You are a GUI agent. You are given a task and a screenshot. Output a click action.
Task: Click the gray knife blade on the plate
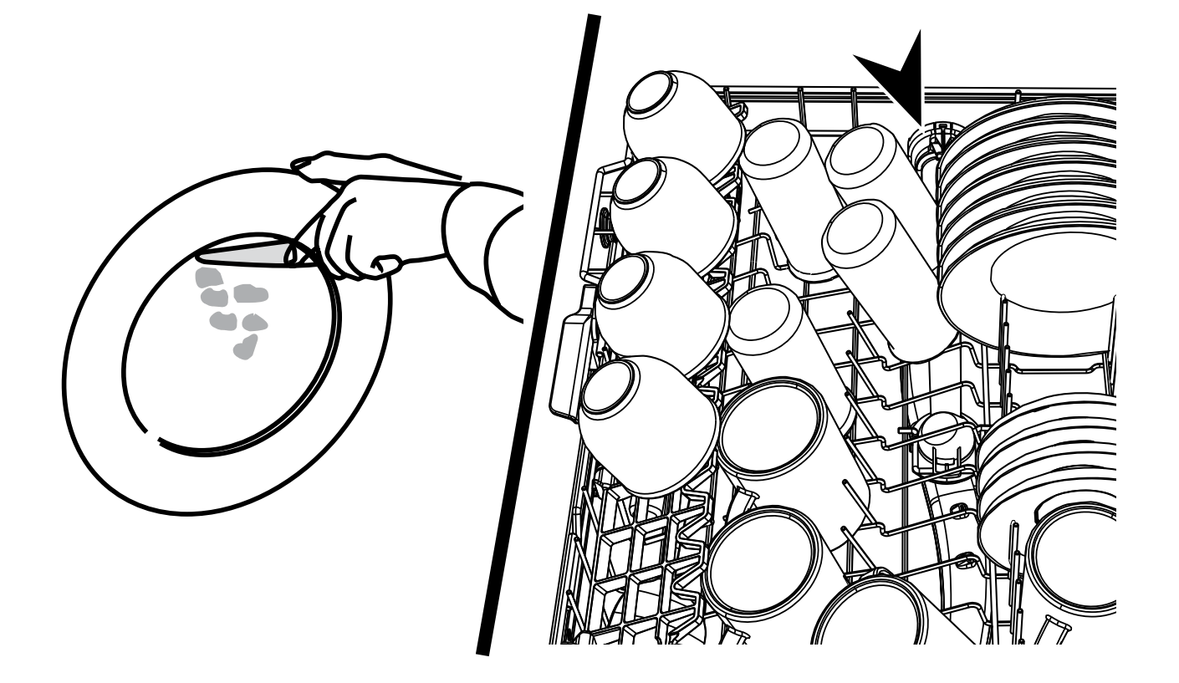click(247, 253)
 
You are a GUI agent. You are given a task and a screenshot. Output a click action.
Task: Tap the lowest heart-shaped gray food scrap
click(244, 348)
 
